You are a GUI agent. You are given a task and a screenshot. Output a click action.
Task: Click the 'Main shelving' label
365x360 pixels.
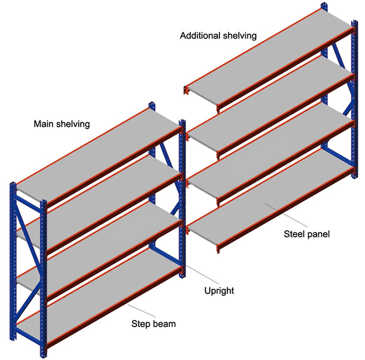pyautogui.click(x=62, y=124)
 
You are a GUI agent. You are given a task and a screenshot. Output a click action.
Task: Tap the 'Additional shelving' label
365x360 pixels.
pyautogui.click(x=218, y=36)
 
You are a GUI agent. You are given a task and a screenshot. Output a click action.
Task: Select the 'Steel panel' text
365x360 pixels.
pyautogui.click(x=307, y=234)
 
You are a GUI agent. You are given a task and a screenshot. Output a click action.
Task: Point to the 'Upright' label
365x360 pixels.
pyautogui.click(x=219, y=291)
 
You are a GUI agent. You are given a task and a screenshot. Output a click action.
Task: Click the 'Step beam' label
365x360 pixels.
pyautogui.click(x=153, y=324)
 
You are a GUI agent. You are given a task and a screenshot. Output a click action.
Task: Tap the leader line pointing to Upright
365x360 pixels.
pyautogui.click(x=202, y=274)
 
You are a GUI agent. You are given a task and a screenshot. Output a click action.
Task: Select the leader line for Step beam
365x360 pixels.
pyautogui.click(x=141, y=311)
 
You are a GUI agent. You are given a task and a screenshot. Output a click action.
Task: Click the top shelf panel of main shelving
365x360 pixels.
pyautogui.click(x=98, y=152)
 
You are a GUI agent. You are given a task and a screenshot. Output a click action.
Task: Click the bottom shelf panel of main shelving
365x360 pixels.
pyautogui.click(x=98, y=293)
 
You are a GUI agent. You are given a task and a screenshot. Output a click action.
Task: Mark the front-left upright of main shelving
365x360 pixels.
pyautogui.click(x=13, y=261)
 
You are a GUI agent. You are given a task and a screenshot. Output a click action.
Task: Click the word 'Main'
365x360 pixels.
pyautogui.click(x=43, y=124)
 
